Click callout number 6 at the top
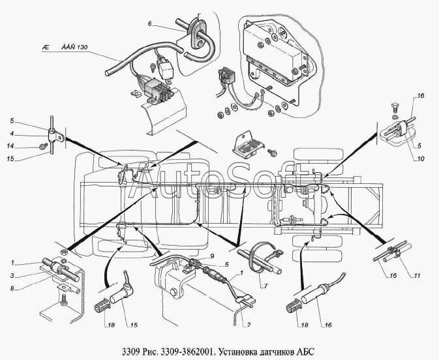[149, 23]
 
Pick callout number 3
[12, 276]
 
